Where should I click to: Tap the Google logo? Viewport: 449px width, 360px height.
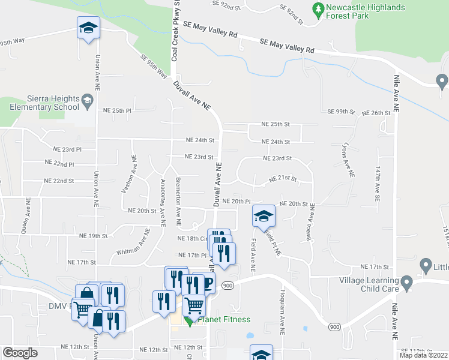20,353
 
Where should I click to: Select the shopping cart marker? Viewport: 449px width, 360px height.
194,306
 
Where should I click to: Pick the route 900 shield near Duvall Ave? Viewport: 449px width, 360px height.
228,286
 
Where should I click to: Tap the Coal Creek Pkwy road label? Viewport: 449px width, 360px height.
175,30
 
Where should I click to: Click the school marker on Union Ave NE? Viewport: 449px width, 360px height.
88,28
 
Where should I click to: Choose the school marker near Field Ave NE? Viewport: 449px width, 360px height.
263,216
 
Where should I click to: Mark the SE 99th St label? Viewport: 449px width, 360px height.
342,112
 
